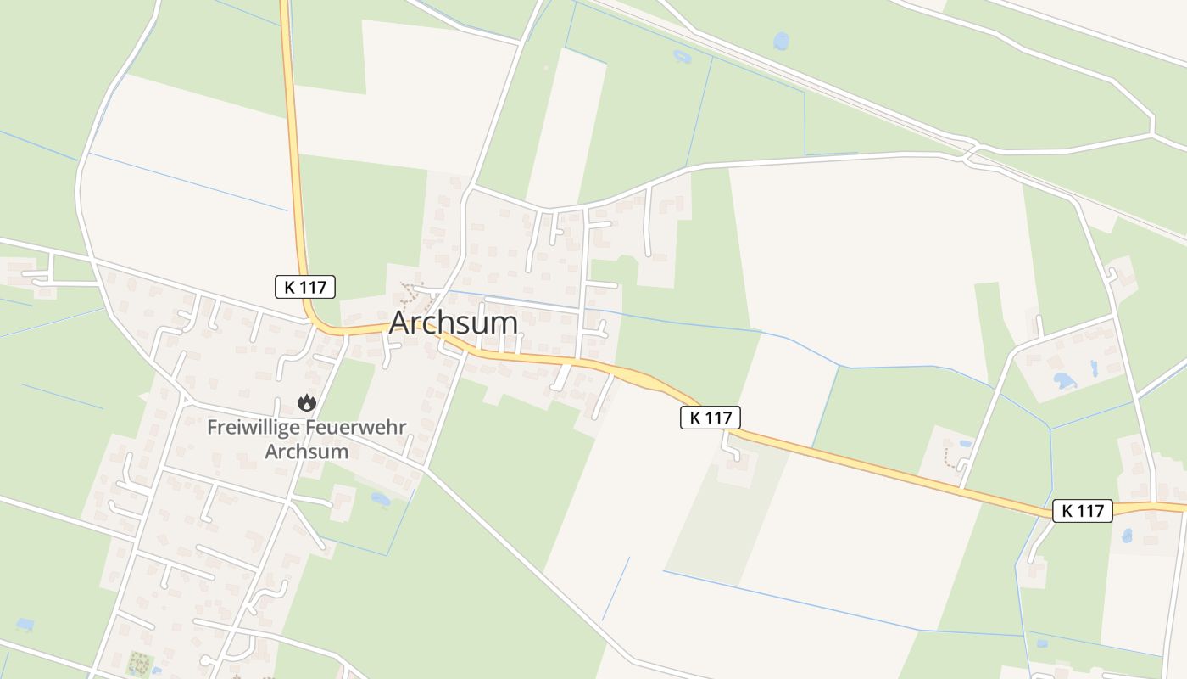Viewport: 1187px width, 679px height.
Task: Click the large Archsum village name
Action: tap(453, 323)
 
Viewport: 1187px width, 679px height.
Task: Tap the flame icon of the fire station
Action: tap(306, 403)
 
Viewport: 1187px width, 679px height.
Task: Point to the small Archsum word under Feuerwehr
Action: tap(306, 451)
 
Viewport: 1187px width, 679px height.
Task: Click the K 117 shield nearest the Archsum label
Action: tap(305, 287)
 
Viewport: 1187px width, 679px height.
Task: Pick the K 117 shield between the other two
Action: tap(711, 417)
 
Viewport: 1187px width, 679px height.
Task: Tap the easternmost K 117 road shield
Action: tap(1082, 510)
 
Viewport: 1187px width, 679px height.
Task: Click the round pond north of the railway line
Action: tap(781, 41)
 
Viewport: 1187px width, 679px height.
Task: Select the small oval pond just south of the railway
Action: tap(682, 57)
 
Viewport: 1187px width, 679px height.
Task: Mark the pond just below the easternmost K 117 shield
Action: tap(1127, 536)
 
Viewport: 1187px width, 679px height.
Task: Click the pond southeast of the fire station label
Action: tap(381, 499)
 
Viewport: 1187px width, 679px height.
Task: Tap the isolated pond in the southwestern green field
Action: tap(25, 624)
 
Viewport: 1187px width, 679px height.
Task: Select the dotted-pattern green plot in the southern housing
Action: tap(137, 662)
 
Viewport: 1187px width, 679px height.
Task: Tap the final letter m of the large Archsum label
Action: tap(504, 323)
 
